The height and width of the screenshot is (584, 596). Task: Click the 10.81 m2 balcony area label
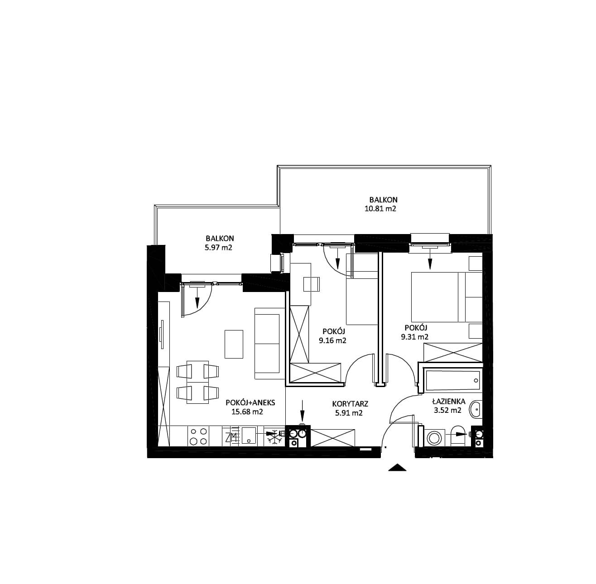pos(380,209)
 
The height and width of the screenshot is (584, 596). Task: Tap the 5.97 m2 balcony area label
pos(218,248)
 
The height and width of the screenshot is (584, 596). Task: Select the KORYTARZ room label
pos(350,404)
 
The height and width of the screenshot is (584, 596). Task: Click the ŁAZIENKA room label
pos(448,402)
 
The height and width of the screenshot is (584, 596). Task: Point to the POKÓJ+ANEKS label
pos(250,403)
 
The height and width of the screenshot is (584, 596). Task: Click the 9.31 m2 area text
pos(414,337)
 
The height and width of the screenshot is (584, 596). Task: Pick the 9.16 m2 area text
pos(332,341)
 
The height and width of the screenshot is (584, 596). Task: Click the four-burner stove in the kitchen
pos(199,436)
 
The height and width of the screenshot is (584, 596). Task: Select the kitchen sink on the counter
pos(249,436)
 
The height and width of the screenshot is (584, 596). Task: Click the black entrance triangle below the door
pos(397,468)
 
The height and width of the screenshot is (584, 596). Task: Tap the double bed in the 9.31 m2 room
pos(446,297)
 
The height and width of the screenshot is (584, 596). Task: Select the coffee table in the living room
pos(234,344)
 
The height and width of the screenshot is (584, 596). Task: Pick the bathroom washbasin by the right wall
pos(476,410)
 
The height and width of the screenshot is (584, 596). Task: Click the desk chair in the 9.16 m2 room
pos(312,284)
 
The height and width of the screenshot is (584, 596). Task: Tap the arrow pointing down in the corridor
pos(303,411)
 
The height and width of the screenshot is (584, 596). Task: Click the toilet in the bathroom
pos(458,436)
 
